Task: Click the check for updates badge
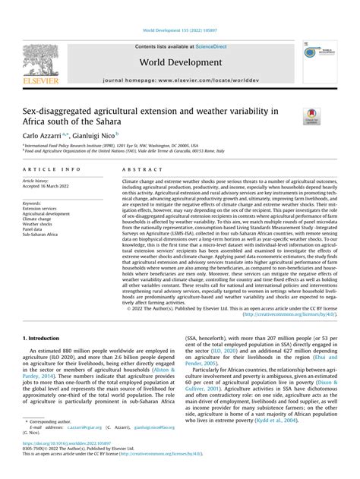pyautogui.click(x=311, y=115)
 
